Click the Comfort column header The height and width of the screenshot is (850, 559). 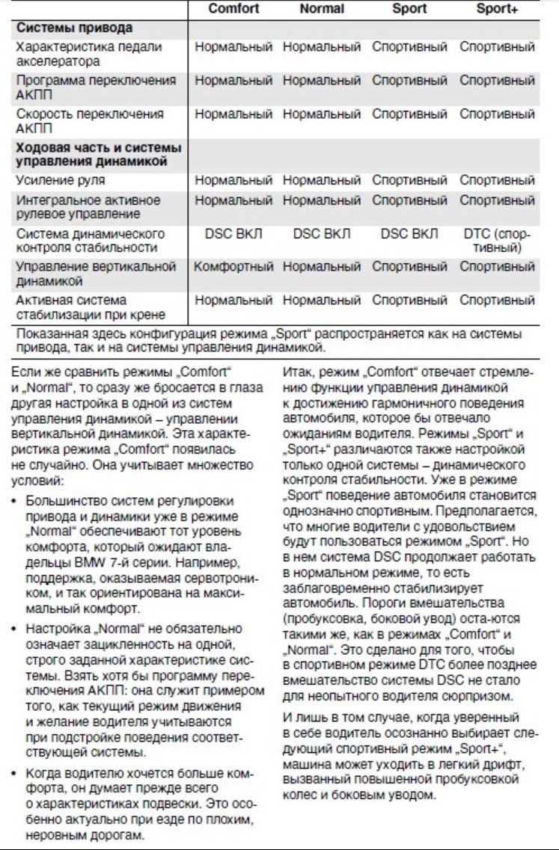tap(233, 9)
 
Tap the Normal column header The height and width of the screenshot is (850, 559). tap(321, 9)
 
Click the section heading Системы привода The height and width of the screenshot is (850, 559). tap(75, 28)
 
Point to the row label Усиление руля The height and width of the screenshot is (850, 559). tap(61, 180)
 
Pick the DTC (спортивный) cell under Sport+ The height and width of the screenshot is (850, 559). tap(497, 241)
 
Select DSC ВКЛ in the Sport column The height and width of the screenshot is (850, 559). tap(409, 234)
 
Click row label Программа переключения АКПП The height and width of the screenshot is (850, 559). tap(97, 87)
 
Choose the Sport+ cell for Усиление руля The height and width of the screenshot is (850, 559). tap(497, 180)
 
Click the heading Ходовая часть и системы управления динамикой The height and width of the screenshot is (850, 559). tap(100, 154)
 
